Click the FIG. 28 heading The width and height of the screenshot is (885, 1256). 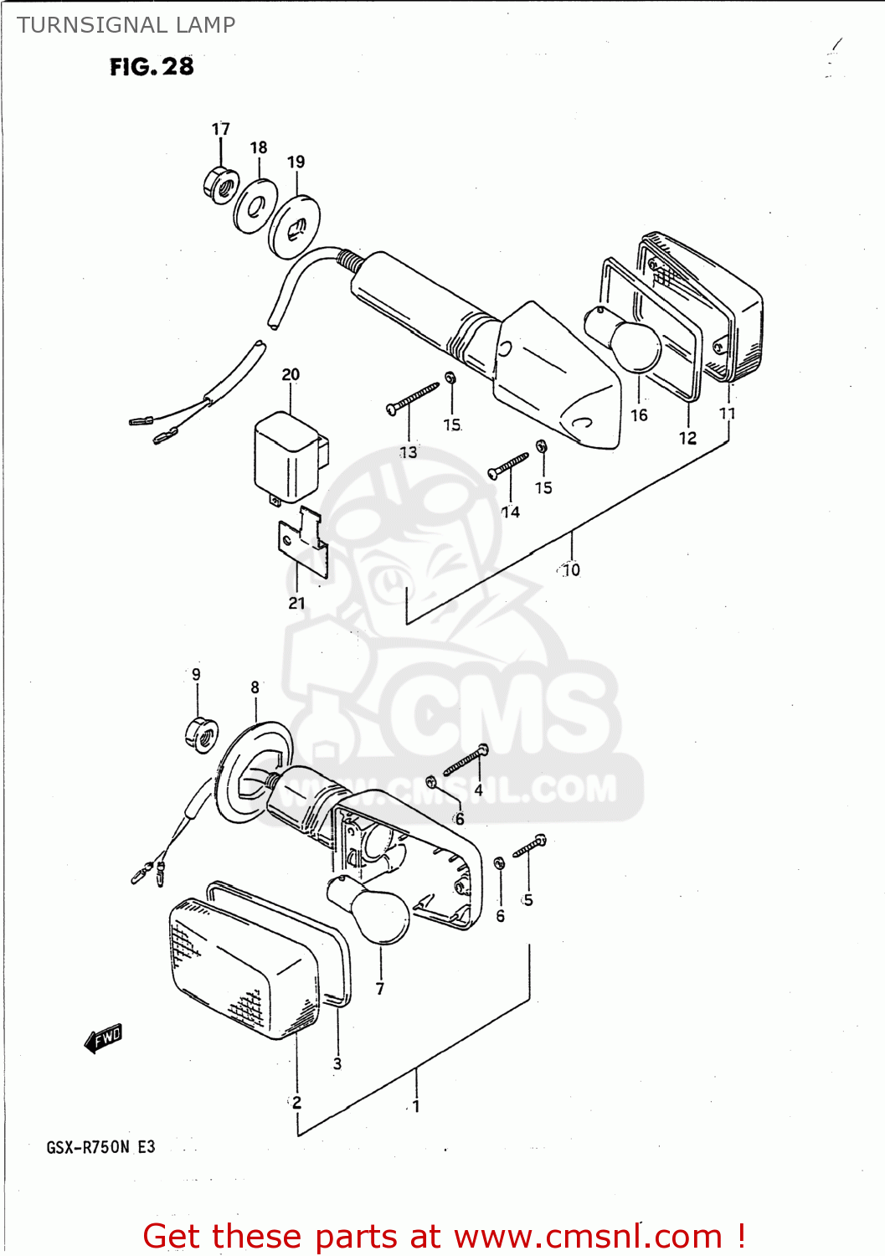pos(152,67)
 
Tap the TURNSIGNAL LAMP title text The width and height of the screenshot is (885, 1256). pos(126,25)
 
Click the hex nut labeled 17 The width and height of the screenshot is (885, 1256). pos(221,185)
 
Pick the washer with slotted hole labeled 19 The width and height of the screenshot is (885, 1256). pos(294,226)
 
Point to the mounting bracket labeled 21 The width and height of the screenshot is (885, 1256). pos(302,543)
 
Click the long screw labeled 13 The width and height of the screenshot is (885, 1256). pos(412,397)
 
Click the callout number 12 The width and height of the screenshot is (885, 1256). pos(687,438)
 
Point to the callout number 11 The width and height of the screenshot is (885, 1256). pos(727,413)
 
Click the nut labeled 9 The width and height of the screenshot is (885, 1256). pos(201,735)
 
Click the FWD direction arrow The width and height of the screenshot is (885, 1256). pos(104,1038)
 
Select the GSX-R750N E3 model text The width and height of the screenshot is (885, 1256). pos(100,1147)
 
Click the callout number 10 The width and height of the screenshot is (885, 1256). pos(571,570)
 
